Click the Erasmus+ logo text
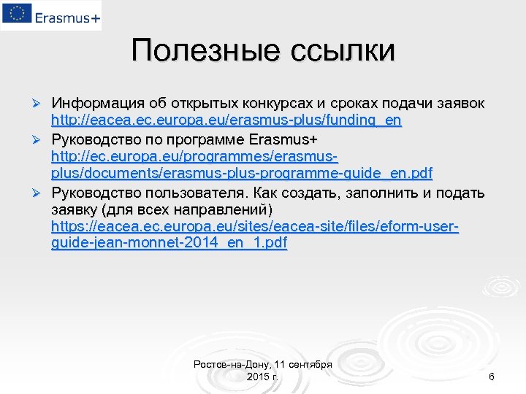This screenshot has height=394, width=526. point(64,16)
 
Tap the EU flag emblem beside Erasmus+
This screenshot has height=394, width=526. point(15,15)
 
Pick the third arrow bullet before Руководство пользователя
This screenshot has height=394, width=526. point(41,192)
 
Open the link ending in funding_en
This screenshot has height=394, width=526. point(226,120)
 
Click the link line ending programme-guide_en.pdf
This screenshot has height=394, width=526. point(242,174)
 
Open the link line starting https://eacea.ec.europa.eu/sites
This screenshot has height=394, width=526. point(255,227)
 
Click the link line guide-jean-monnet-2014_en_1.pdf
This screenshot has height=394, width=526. point(169,244)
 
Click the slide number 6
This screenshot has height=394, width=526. point(491,376)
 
